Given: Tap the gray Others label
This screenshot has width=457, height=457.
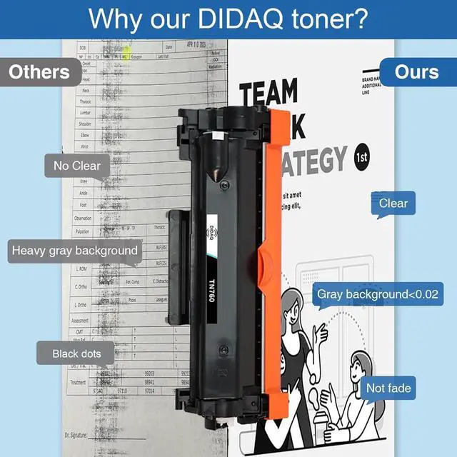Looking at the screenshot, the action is [x=39, y=72].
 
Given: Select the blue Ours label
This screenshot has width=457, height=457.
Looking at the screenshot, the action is [x=416, y=72].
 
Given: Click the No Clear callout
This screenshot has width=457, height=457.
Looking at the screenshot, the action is [x=76, y=166].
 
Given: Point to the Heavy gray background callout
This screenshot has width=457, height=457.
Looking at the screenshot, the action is [x=74, y=251].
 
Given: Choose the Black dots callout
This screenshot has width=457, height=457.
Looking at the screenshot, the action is [x=76, y=353].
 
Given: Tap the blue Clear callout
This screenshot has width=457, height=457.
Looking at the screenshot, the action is [x=393, y=204].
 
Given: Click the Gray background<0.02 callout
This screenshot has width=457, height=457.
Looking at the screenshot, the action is [x=378, y=294].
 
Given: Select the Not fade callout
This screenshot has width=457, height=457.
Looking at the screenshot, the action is [x=388, y=388].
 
